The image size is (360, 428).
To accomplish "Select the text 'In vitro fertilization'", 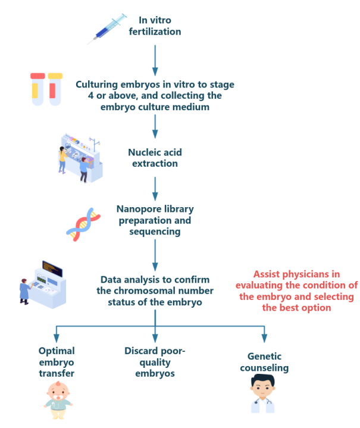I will pos(155,26).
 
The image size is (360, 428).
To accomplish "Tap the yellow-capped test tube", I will pos(55,89).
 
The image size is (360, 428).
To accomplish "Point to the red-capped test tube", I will pos(37,89).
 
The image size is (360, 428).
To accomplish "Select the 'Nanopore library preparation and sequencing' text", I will pos(155,220).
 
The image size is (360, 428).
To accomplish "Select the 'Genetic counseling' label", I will pos(264,362).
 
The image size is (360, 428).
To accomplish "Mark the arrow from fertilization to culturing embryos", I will pos(155,58).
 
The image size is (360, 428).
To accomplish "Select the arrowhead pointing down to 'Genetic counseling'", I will pos(264,338).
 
